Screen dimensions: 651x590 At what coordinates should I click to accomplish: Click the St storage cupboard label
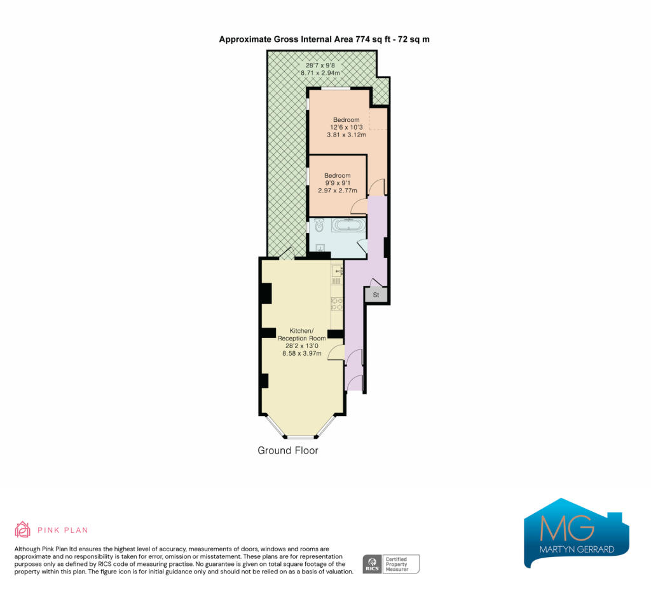point(376,295)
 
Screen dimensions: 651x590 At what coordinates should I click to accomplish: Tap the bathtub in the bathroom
point(348,225)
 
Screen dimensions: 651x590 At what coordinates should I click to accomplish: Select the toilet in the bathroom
point(319,225)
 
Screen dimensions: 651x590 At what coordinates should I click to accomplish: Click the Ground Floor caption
point(288,450)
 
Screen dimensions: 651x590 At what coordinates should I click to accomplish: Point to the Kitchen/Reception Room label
point(302,335)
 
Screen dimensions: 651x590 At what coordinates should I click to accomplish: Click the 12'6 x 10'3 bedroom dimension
point(346,127)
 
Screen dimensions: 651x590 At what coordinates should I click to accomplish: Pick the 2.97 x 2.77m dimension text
point(338,191)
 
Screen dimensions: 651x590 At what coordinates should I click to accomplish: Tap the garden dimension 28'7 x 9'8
point(320,65)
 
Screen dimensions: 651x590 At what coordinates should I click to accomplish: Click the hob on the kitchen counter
point(337,304)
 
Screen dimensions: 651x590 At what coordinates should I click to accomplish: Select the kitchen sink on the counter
point(337,271)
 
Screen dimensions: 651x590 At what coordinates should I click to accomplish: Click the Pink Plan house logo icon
point(22,530)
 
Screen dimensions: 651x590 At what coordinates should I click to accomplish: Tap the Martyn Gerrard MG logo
point(576,533)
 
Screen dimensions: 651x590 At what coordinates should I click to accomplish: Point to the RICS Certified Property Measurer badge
point(391,564)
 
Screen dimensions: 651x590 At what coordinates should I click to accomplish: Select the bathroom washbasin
point(320,248)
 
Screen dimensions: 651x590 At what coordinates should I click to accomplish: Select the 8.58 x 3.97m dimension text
point(302,353)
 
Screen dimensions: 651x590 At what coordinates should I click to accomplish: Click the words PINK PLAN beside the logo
point(63,530)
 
